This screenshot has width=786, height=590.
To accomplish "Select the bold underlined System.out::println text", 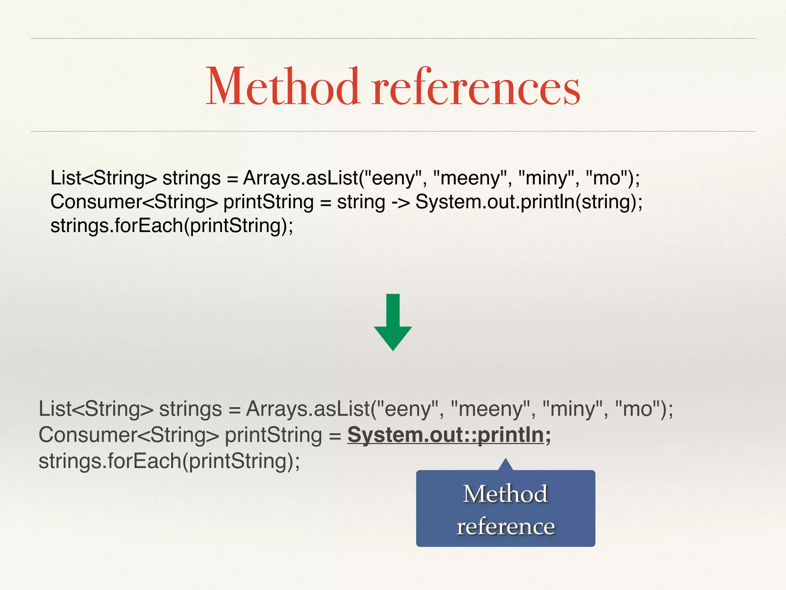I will point(449,435).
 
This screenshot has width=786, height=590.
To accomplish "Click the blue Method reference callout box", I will point(505,509).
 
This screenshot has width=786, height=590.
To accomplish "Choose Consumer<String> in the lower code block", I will point(129,435).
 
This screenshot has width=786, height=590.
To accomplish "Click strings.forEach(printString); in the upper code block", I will point(172,225).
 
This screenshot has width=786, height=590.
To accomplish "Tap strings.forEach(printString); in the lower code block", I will point(169,461).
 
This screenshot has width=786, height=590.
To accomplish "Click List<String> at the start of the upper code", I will point(104,178).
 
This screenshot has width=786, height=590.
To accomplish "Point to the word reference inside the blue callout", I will point(505,526).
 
